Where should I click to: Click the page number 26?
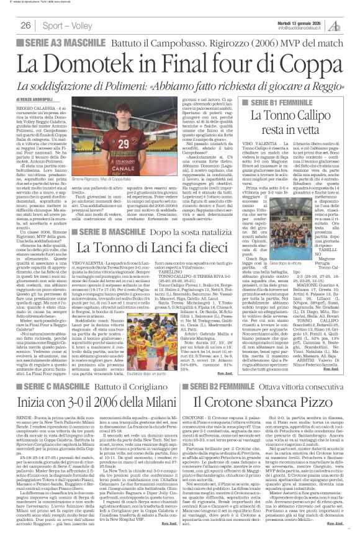tap(27, 25)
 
